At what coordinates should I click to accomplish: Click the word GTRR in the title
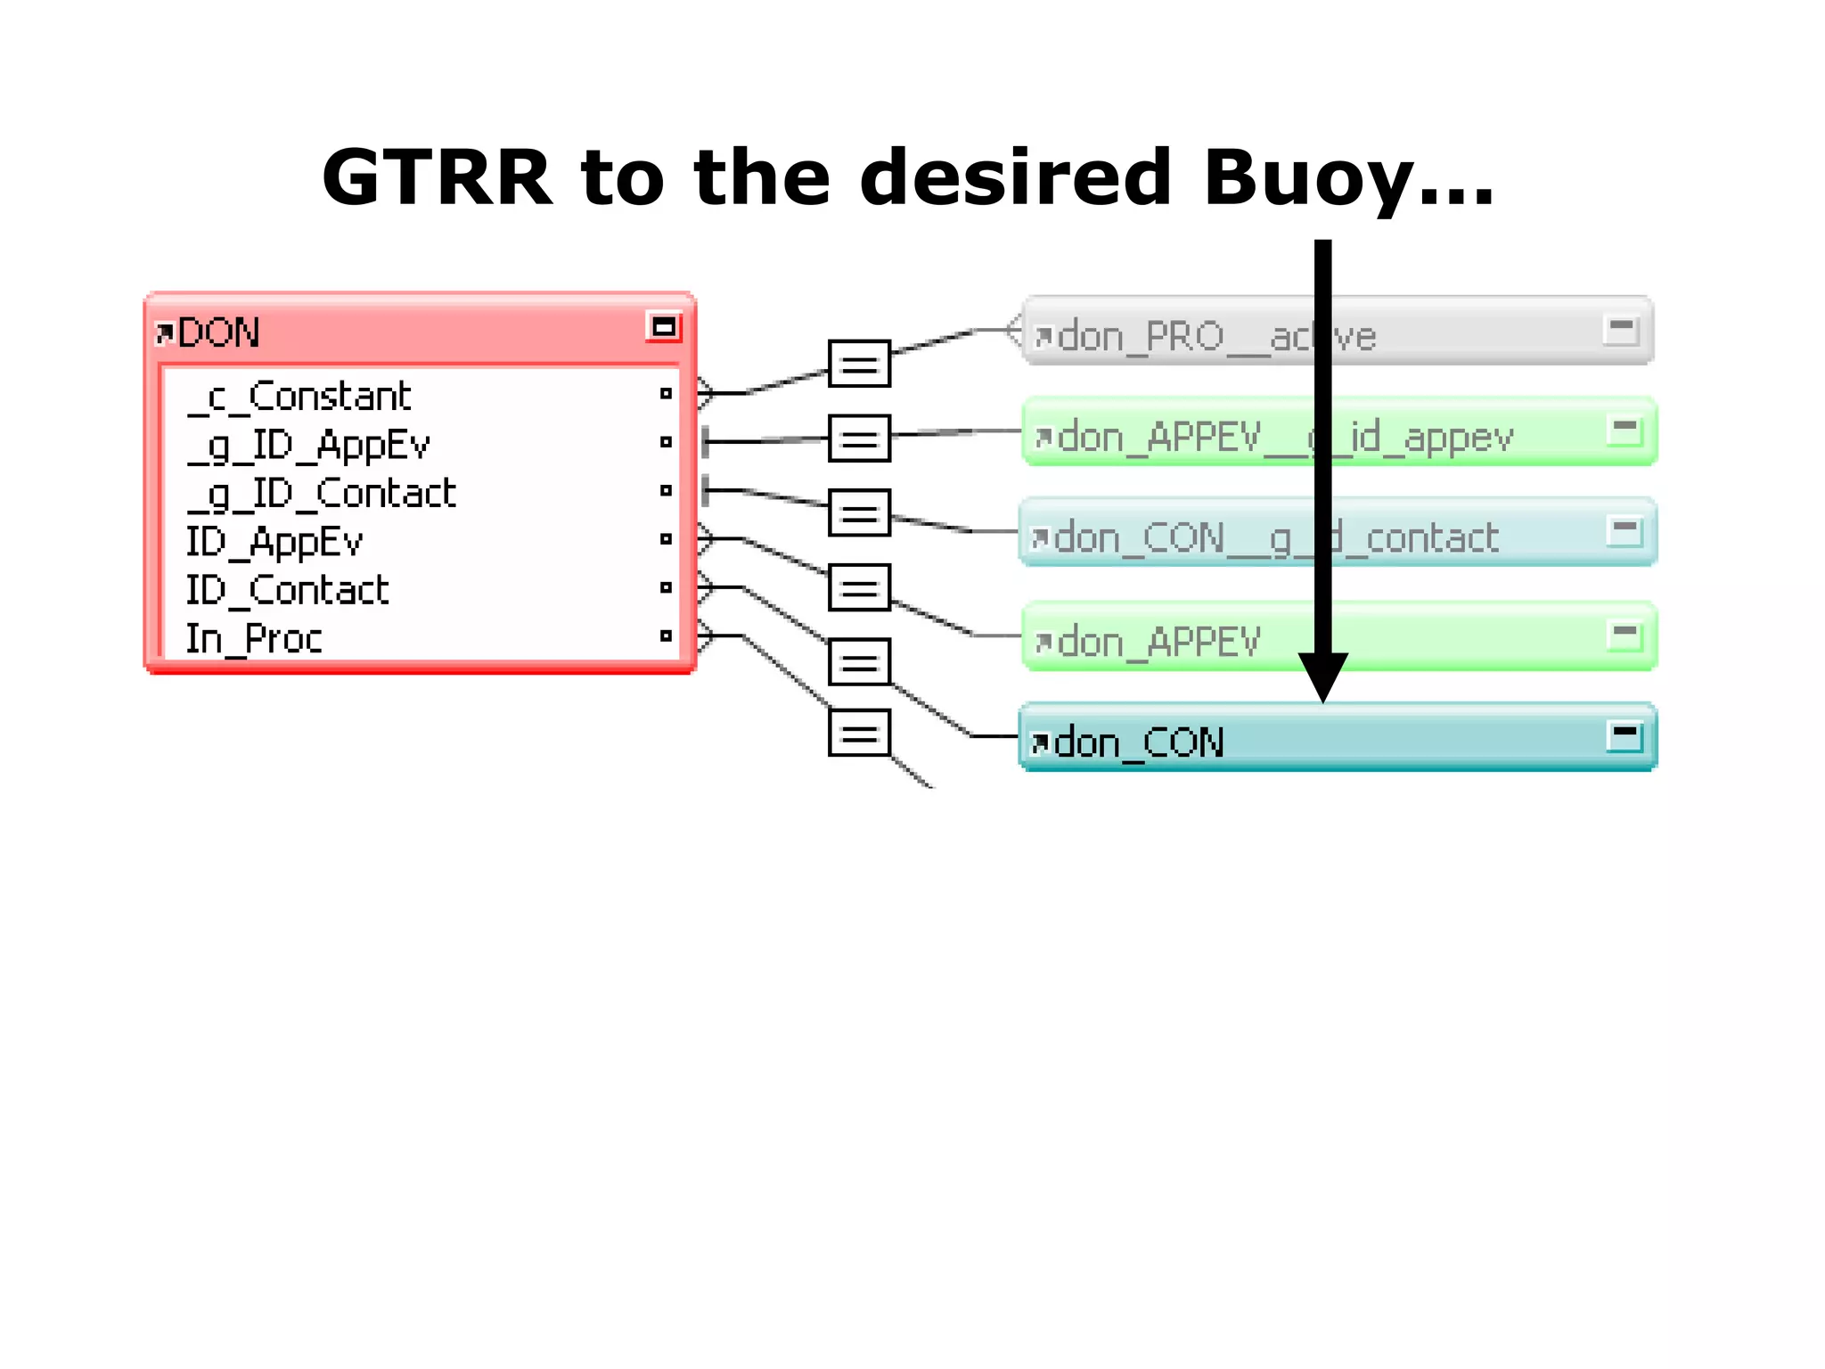tap(436, 177)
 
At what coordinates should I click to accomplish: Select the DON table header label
tap(218, 333)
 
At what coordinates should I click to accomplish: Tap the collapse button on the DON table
tap(663, 327)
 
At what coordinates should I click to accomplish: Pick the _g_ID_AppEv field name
tap(308, 445)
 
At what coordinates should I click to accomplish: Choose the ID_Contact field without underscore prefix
tap(287, 590)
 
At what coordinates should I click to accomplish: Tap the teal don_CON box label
tap(1139, 742)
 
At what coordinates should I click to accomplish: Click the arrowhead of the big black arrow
tap(1322, 677)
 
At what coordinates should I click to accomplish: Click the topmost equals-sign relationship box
tap(859, 364)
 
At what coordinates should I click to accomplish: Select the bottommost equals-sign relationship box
tap(859, 734)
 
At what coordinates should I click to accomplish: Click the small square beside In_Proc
tap(666, 635)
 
